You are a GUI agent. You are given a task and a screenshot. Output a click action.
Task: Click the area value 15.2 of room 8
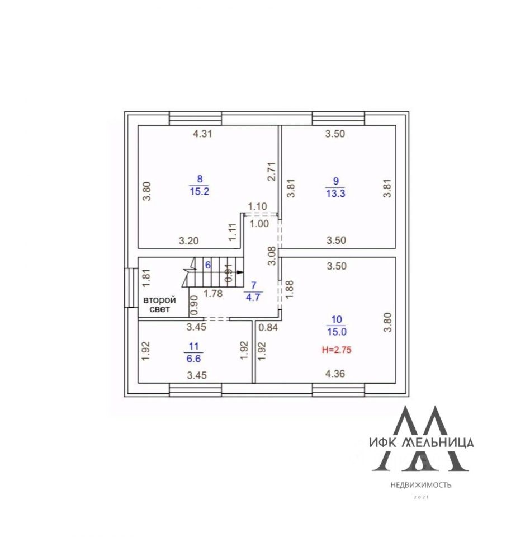point(199,190)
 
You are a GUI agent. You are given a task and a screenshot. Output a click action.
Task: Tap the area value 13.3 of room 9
point(335,193)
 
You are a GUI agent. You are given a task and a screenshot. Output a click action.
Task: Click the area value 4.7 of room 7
point(254,297)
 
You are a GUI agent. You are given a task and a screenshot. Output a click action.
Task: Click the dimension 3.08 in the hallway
point(271,255)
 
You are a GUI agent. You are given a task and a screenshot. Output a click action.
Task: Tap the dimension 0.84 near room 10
point(269,327)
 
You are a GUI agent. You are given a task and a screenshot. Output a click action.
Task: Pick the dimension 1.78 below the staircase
point(213,292)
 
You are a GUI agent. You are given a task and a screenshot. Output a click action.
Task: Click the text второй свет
point(160,304)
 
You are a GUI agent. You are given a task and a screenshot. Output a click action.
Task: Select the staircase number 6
point(208,265)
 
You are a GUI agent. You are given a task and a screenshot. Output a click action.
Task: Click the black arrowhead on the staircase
point(240,272)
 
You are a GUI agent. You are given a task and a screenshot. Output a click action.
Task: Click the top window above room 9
point(338,119)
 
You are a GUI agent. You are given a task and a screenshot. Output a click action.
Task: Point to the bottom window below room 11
point(195,389)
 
